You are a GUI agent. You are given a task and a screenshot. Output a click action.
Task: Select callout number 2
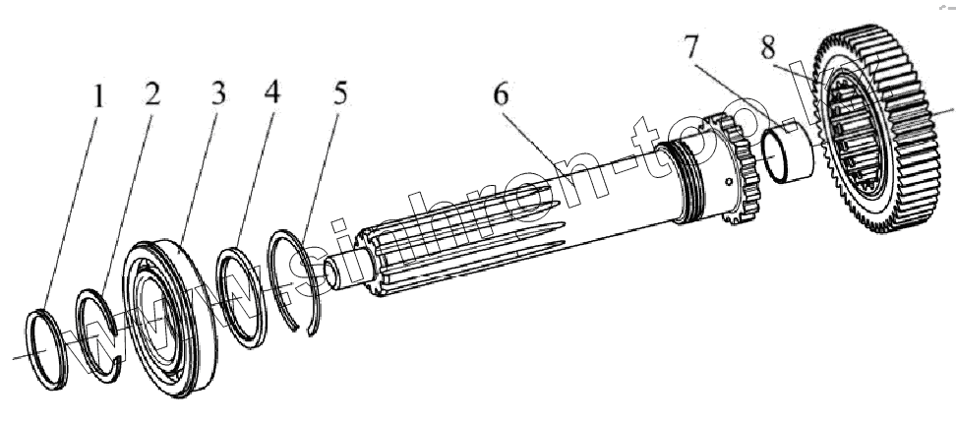tap(153, 94)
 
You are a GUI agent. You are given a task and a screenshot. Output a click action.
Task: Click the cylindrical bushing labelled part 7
tap(788, 158)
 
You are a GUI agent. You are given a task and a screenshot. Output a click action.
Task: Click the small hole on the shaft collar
tap(729, 181)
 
